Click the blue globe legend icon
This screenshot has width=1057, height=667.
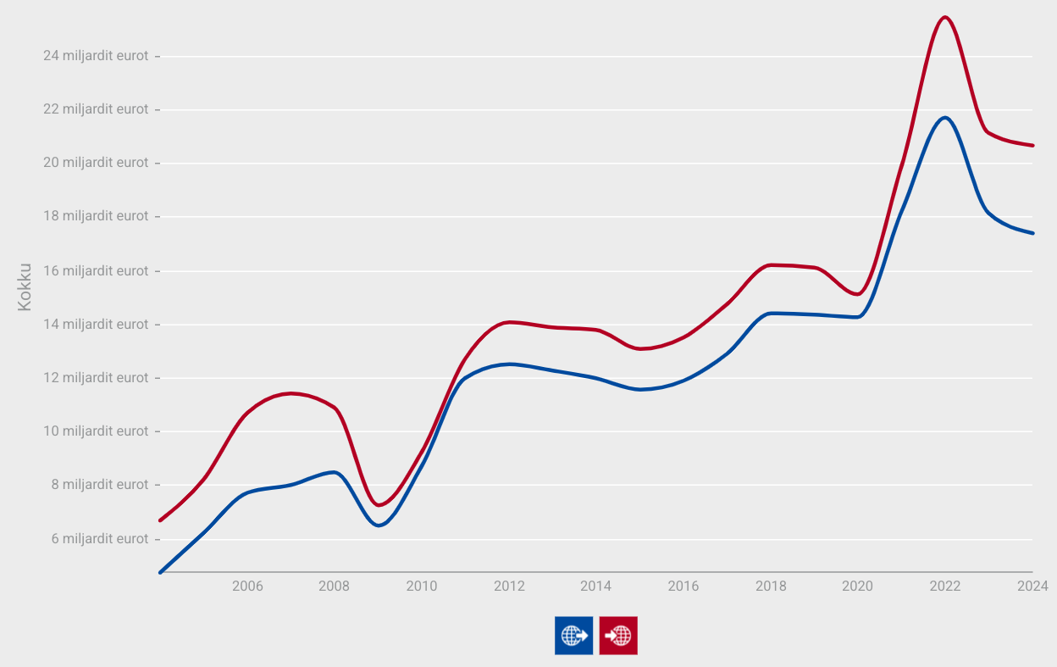click(573, 635)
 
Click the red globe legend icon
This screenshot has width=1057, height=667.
click(618, 635)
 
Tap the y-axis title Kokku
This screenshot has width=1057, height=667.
click(25, 286)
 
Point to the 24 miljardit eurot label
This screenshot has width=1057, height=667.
click(95, 56)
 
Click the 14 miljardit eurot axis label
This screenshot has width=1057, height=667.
click(95, 325)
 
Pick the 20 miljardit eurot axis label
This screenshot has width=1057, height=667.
click(95, 163)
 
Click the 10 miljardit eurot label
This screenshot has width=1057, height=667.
click(95, 431)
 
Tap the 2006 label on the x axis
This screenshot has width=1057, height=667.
click(247, 586)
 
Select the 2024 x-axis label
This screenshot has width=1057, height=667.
click(1032, 586)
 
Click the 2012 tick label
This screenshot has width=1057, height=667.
click(509, 586)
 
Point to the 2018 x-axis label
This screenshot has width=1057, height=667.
click(771, 586)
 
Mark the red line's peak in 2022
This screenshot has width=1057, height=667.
click(944, 17)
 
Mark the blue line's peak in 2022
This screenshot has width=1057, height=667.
click(944, 117)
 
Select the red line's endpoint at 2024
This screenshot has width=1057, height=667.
click(1032, 146)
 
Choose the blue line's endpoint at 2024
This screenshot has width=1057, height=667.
click(1032, 233)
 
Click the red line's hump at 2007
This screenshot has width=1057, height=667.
click(291, 393)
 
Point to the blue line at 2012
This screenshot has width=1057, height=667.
click(509, 364)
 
